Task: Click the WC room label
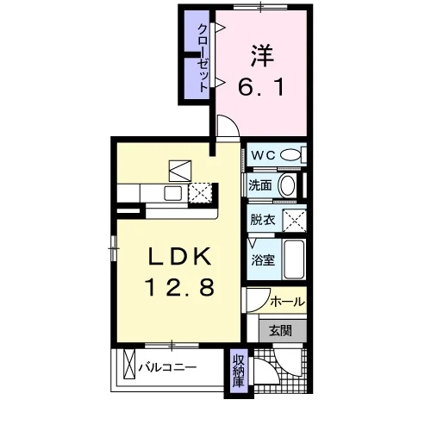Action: (x=263, y=155)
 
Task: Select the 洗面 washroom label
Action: (x=260, y=185)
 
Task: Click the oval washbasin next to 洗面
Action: (x=287, y=185)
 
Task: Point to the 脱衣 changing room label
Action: (x=263, y=220)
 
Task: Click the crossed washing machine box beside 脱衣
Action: (x=295, y=221)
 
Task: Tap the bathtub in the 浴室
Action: (x=294, y=259)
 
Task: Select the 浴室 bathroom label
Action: (x=263, y=260)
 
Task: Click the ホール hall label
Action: (x=287, y=302)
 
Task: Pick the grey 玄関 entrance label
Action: (x=280, y=331)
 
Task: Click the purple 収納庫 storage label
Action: (x=239, y=371)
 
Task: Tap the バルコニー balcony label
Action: (x=167, y=367)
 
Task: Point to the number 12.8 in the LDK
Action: (x=180, y=287)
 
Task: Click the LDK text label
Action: (x=179, y=256)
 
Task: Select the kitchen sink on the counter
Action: (x=172, y=193)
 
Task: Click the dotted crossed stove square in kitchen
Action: (x=200, y=192)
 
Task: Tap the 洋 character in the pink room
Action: (x=262, y=56)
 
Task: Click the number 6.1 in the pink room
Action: (x=261, y=87)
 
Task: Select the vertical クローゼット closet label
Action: (x=203, y=59)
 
